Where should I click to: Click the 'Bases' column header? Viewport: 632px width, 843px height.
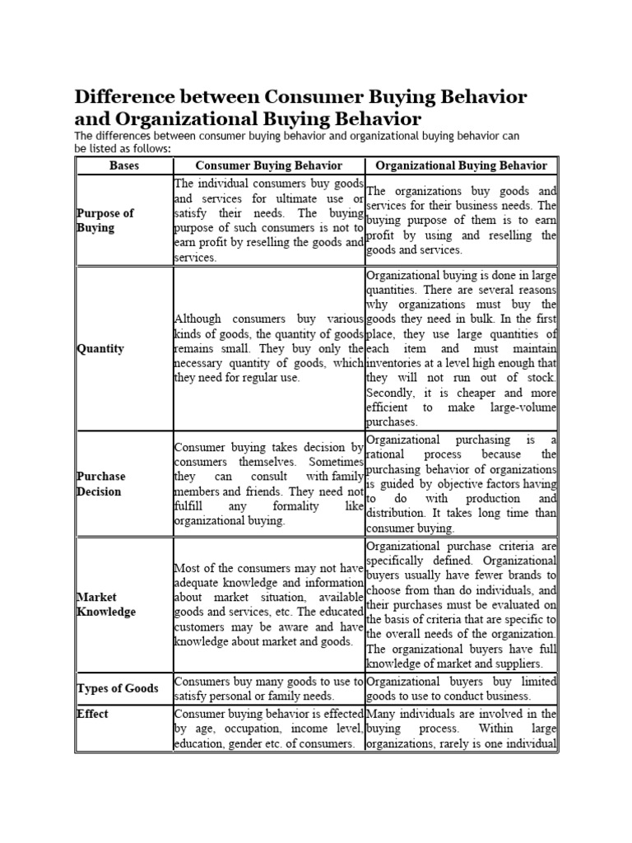pos(124,165)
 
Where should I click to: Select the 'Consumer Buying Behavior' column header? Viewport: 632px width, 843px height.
pos(268,165)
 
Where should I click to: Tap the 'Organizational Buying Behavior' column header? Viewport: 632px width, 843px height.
pos(461,165)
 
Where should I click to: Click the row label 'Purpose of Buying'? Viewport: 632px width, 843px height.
pos(105,221)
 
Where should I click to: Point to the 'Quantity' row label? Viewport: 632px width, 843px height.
pos(100,348)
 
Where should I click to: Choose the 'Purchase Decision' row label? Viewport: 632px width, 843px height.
pos(101,484)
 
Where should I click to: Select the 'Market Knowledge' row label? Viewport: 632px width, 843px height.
pos(106,604)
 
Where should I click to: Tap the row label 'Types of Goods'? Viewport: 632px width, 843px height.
pos(118,688)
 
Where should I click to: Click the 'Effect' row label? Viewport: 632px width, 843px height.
pos(92,714)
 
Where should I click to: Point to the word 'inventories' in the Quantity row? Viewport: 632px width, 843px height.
pos(396,363)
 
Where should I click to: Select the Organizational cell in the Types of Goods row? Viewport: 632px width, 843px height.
pos(461,689)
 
